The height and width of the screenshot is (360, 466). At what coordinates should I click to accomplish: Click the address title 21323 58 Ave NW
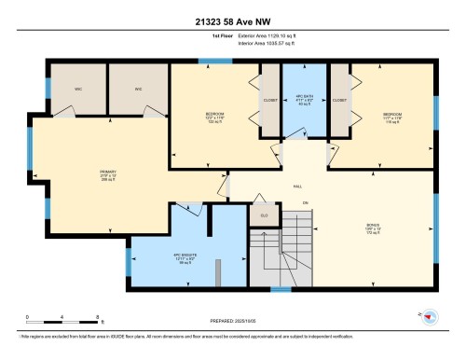click(x=232, y=21)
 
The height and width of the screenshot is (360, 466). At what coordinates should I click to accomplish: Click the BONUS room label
click(x=373, y=226)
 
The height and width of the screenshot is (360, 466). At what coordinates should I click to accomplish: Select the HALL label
click(x=297, y=187)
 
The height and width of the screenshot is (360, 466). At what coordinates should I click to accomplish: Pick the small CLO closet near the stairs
click(x=263, y=215)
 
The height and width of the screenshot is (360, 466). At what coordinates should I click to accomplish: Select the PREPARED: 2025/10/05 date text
click(x=233, y=323)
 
